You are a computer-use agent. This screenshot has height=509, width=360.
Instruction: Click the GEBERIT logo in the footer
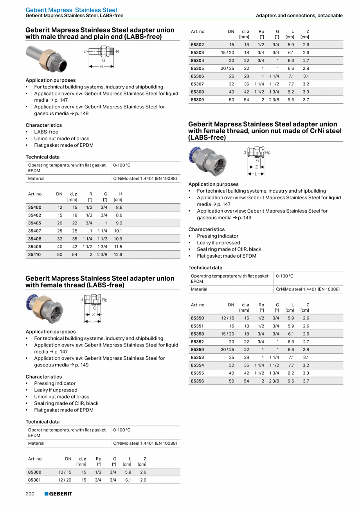click(58, 494)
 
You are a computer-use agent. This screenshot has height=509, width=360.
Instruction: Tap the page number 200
click(30, 494)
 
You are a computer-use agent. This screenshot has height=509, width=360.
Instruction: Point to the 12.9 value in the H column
click(118, 254)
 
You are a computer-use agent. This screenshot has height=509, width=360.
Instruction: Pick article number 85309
click(197, 100)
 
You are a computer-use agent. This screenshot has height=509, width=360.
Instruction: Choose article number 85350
click(197, 318)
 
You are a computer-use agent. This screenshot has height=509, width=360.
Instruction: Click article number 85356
click(197, 381)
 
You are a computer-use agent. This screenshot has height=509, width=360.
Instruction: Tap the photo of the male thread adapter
click(46, 59)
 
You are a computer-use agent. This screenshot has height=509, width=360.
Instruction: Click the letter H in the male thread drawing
click(101, 67)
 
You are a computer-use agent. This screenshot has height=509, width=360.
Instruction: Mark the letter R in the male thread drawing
click(117, 52)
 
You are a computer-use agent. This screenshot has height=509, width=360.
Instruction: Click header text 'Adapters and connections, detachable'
click(299, 16)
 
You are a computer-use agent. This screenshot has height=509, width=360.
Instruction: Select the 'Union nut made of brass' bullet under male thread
click(61, 139)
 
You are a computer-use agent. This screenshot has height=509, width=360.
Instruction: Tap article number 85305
click(197, 69)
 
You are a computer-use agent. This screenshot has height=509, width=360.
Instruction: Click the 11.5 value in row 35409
click(118, 247)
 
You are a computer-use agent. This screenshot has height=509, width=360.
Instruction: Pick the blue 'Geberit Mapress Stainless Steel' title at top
click(71, 10)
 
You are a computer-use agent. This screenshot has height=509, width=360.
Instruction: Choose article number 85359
click(197, 350)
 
